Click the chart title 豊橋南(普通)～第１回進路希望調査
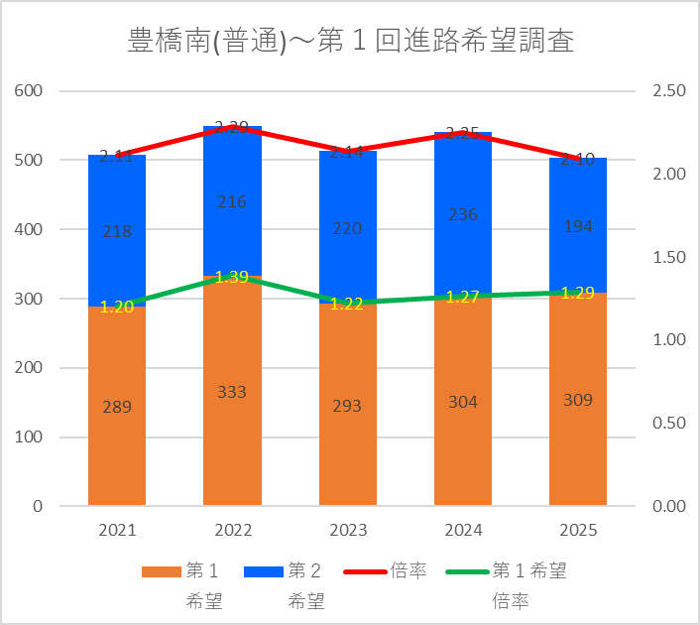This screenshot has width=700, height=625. pyautogui.click(x=351, y=41)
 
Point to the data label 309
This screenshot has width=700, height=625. pyautogui.click(x=578, y=400)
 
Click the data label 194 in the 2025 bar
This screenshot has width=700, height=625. pyautogui.click(x=578, y=226)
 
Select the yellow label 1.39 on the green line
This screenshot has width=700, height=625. pyautogui.click(x=232, y=278)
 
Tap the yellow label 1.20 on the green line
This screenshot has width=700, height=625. pyautogui.click(x=117, y=307)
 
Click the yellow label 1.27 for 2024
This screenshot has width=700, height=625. pyautogui.click(x=463, y=296)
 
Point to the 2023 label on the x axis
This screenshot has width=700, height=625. pyautogui.click(x=347, y=530)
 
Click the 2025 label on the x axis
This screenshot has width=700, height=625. pyautogui.click(x=578, y=530)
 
